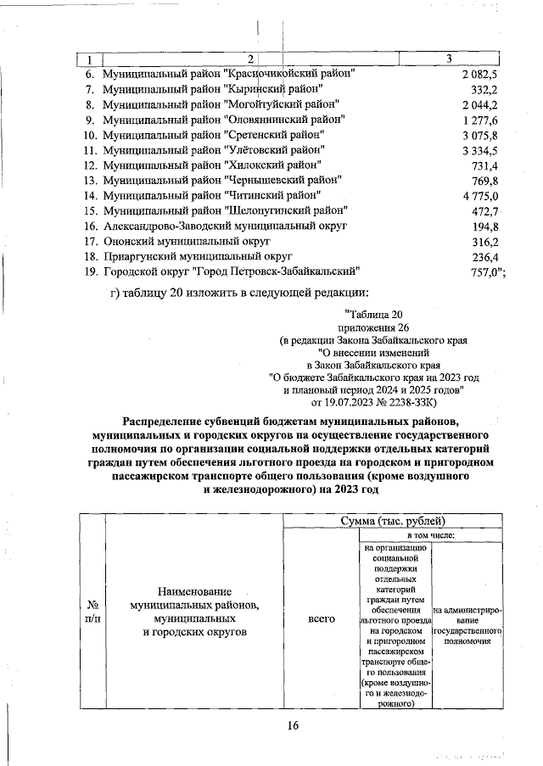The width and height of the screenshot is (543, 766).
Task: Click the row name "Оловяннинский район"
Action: [222, 120]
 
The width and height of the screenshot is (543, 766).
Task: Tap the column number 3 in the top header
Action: [448, 58]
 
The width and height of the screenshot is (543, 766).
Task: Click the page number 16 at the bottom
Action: [294, 724]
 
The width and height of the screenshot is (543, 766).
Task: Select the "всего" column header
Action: [321, 620]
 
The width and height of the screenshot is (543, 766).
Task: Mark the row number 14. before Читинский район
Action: [90, 196]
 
